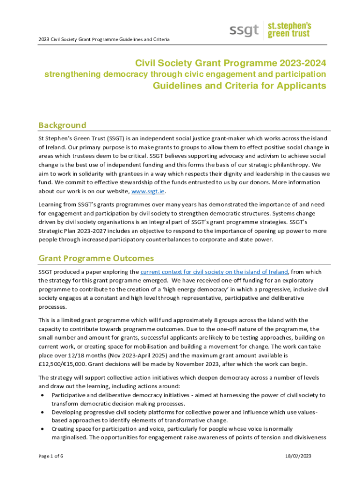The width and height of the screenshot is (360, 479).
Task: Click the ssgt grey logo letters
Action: tap(244, 30)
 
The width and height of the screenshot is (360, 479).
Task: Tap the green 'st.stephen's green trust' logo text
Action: tap(288, 29)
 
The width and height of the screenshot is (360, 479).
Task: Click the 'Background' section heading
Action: tap(62, 125)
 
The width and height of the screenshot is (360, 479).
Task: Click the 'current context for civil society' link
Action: tap(214, 272)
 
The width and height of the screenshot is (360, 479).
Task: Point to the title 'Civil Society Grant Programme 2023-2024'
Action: tap(230, 63)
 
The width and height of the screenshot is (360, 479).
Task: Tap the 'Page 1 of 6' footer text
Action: tap(51, 456)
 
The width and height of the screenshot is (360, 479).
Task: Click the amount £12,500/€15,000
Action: tap(62, 365)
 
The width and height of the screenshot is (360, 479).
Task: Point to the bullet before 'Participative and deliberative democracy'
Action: tap(42, 395)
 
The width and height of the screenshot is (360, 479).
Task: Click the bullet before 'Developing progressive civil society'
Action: tap(42, 412)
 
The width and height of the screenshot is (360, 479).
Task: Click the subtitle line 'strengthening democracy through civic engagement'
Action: tap(185, 74)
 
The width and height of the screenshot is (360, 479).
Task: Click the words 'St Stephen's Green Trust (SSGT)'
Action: tap(80, 138)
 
